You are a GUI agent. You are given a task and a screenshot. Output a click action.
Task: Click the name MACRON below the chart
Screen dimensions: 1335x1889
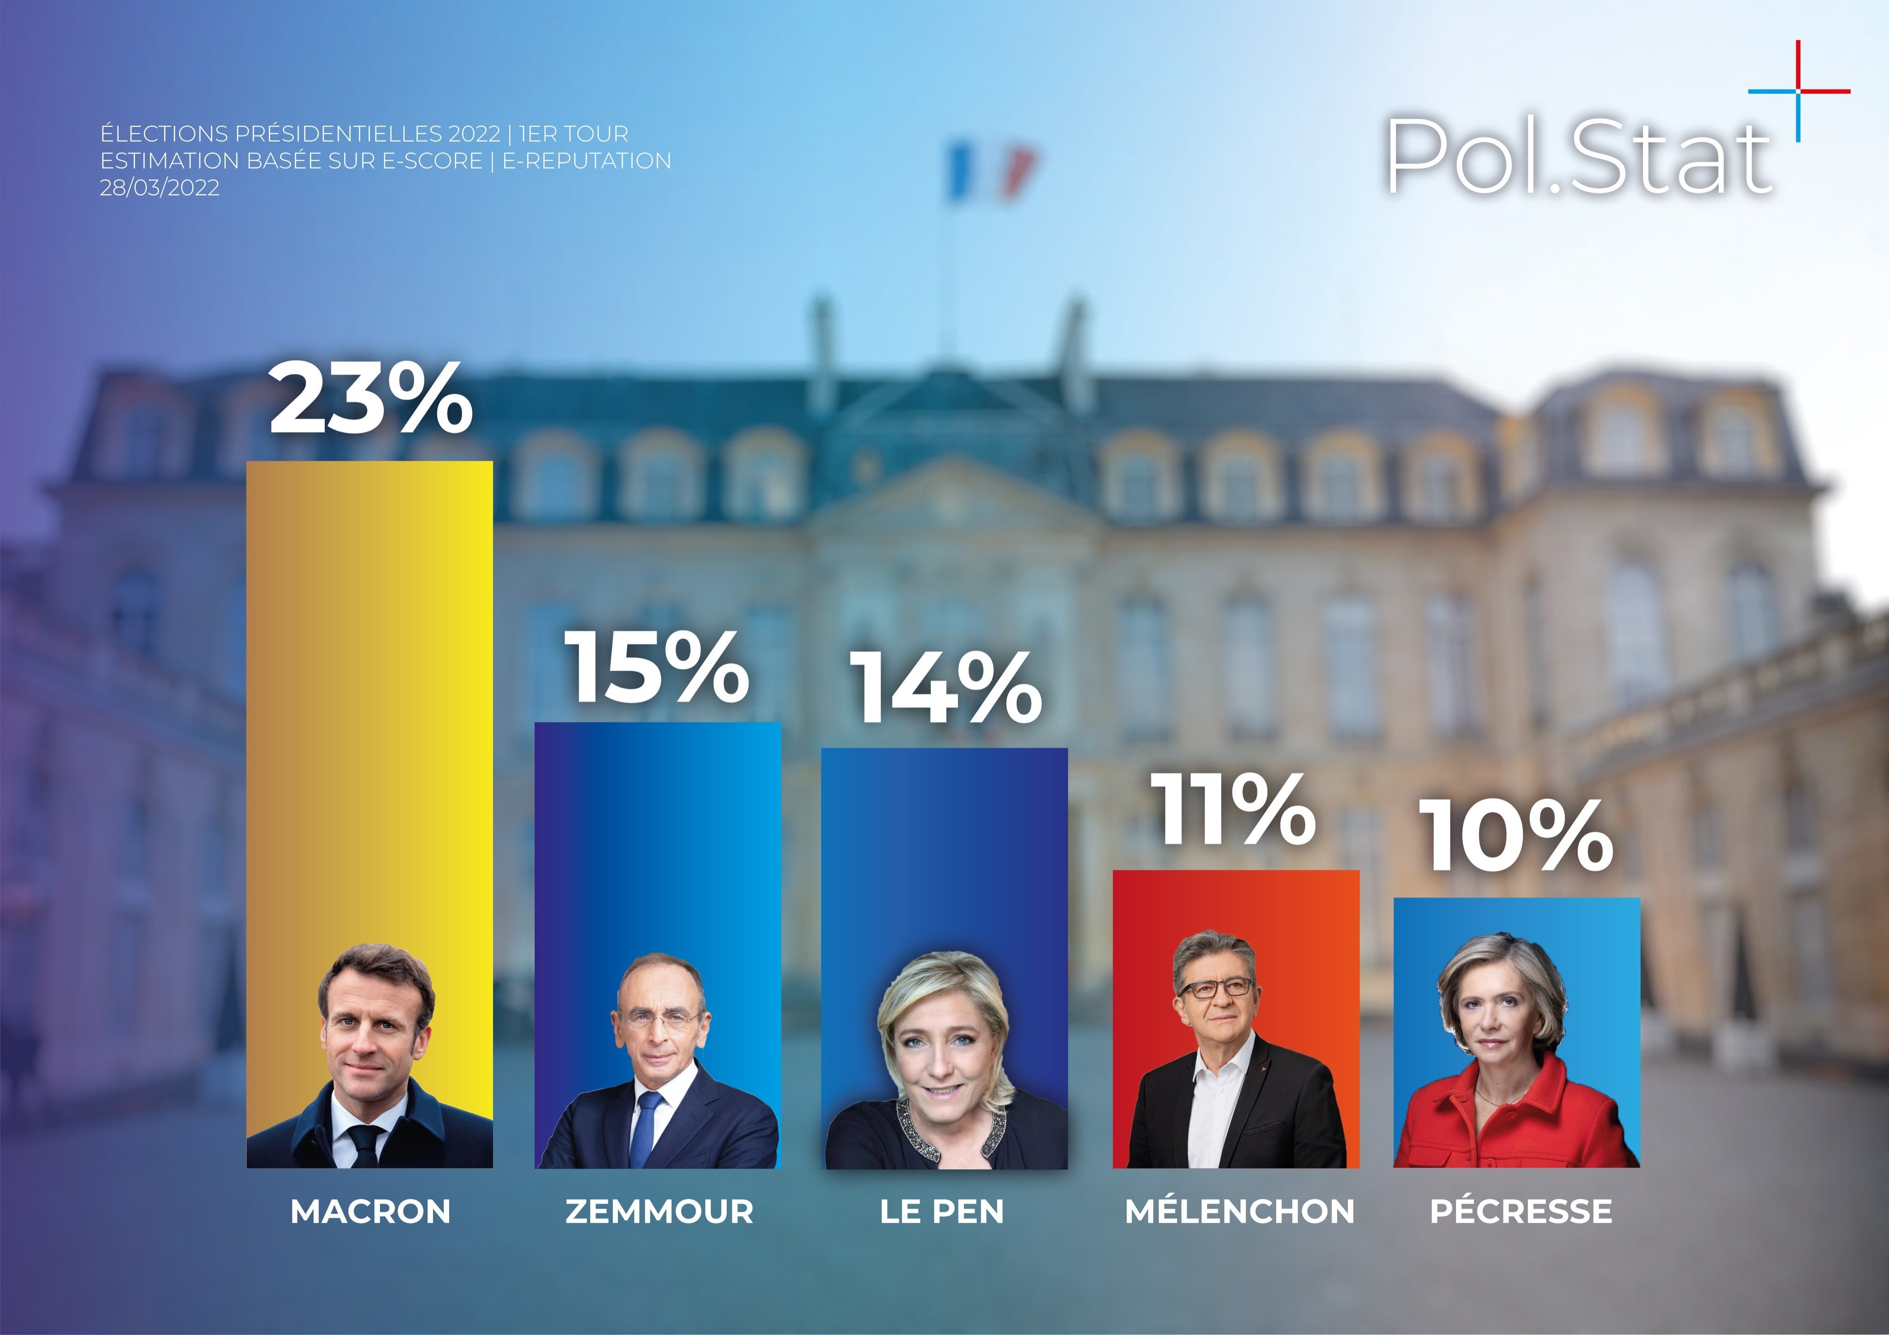coord(370,1211)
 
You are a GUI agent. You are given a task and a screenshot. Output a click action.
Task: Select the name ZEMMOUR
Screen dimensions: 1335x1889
coord(659,1211)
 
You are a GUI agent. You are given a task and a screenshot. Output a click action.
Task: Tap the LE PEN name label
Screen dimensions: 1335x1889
coord(942,1211)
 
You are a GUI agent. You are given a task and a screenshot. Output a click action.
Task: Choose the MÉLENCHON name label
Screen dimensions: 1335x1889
coord(1239,1211)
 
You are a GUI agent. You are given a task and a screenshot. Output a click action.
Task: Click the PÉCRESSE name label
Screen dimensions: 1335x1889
coord(1521,1211)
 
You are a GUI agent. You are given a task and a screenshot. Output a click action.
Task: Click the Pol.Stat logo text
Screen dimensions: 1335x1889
coord(1578,156)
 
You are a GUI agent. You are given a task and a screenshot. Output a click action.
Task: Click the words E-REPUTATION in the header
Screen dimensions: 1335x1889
coord(587,161)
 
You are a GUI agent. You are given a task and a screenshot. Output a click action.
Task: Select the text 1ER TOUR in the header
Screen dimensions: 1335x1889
coord(573,134)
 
